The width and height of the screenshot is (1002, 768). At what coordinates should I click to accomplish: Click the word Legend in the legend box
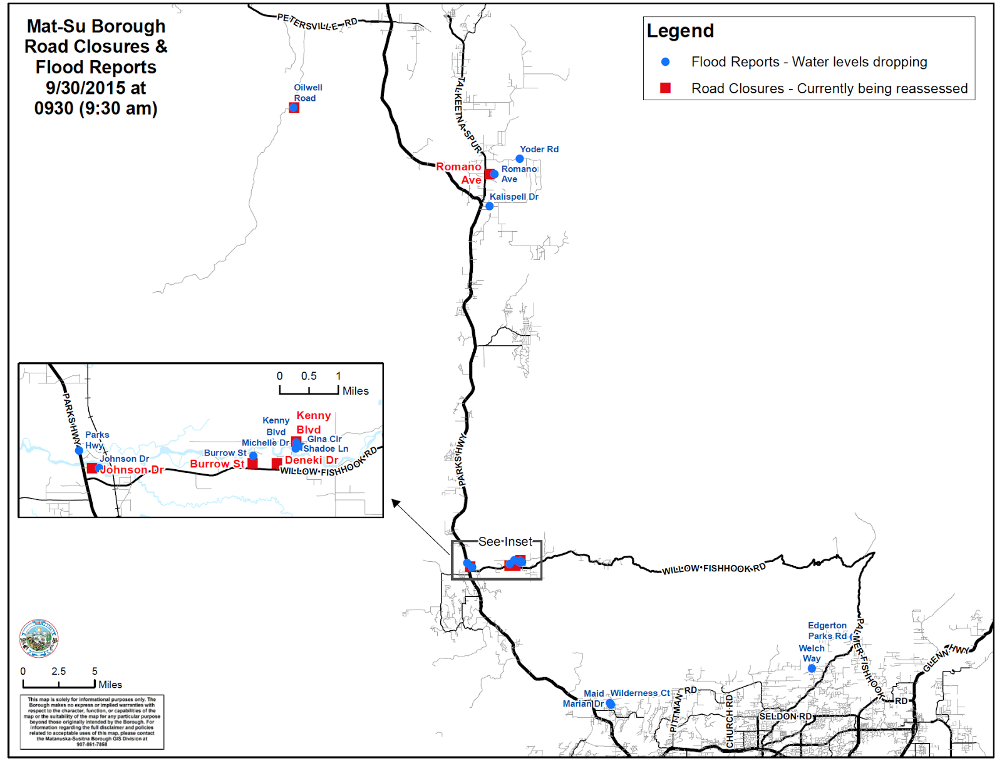pos(680,31)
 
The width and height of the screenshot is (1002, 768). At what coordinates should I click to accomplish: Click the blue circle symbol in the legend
pos(665,62)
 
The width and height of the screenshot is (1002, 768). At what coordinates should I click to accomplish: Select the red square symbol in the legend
pos(665,88)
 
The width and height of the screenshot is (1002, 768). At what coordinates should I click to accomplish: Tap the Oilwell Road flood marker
pos(294,108)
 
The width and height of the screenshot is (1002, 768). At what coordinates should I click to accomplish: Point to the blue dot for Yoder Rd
pos(519,158)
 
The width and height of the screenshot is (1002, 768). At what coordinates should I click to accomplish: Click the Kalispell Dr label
pos(514,197)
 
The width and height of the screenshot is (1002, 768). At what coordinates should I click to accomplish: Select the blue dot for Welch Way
pos(812,668)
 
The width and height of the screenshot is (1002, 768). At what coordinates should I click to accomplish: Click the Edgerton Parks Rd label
pos(827,631)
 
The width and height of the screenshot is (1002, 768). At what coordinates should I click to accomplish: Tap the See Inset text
pos(505,541)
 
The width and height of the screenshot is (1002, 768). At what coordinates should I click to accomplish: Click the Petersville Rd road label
pos(317,23)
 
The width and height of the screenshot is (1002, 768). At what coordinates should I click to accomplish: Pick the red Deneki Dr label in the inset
pos(311,460)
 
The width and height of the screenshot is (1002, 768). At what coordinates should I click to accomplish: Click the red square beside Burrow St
pos(252,464)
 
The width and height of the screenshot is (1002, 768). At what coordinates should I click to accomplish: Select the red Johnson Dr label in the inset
pos(132,470)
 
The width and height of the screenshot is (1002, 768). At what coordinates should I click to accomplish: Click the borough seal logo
pos(39,638)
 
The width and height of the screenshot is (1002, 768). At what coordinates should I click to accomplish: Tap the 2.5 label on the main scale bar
pos(59,672)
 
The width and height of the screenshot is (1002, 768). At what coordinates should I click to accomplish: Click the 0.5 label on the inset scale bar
pos(309,376)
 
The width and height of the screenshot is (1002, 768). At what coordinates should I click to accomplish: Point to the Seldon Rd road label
pos(785,716)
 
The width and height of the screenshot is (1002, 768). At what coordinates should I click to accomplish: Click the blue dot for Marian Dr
pos(610,704)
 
